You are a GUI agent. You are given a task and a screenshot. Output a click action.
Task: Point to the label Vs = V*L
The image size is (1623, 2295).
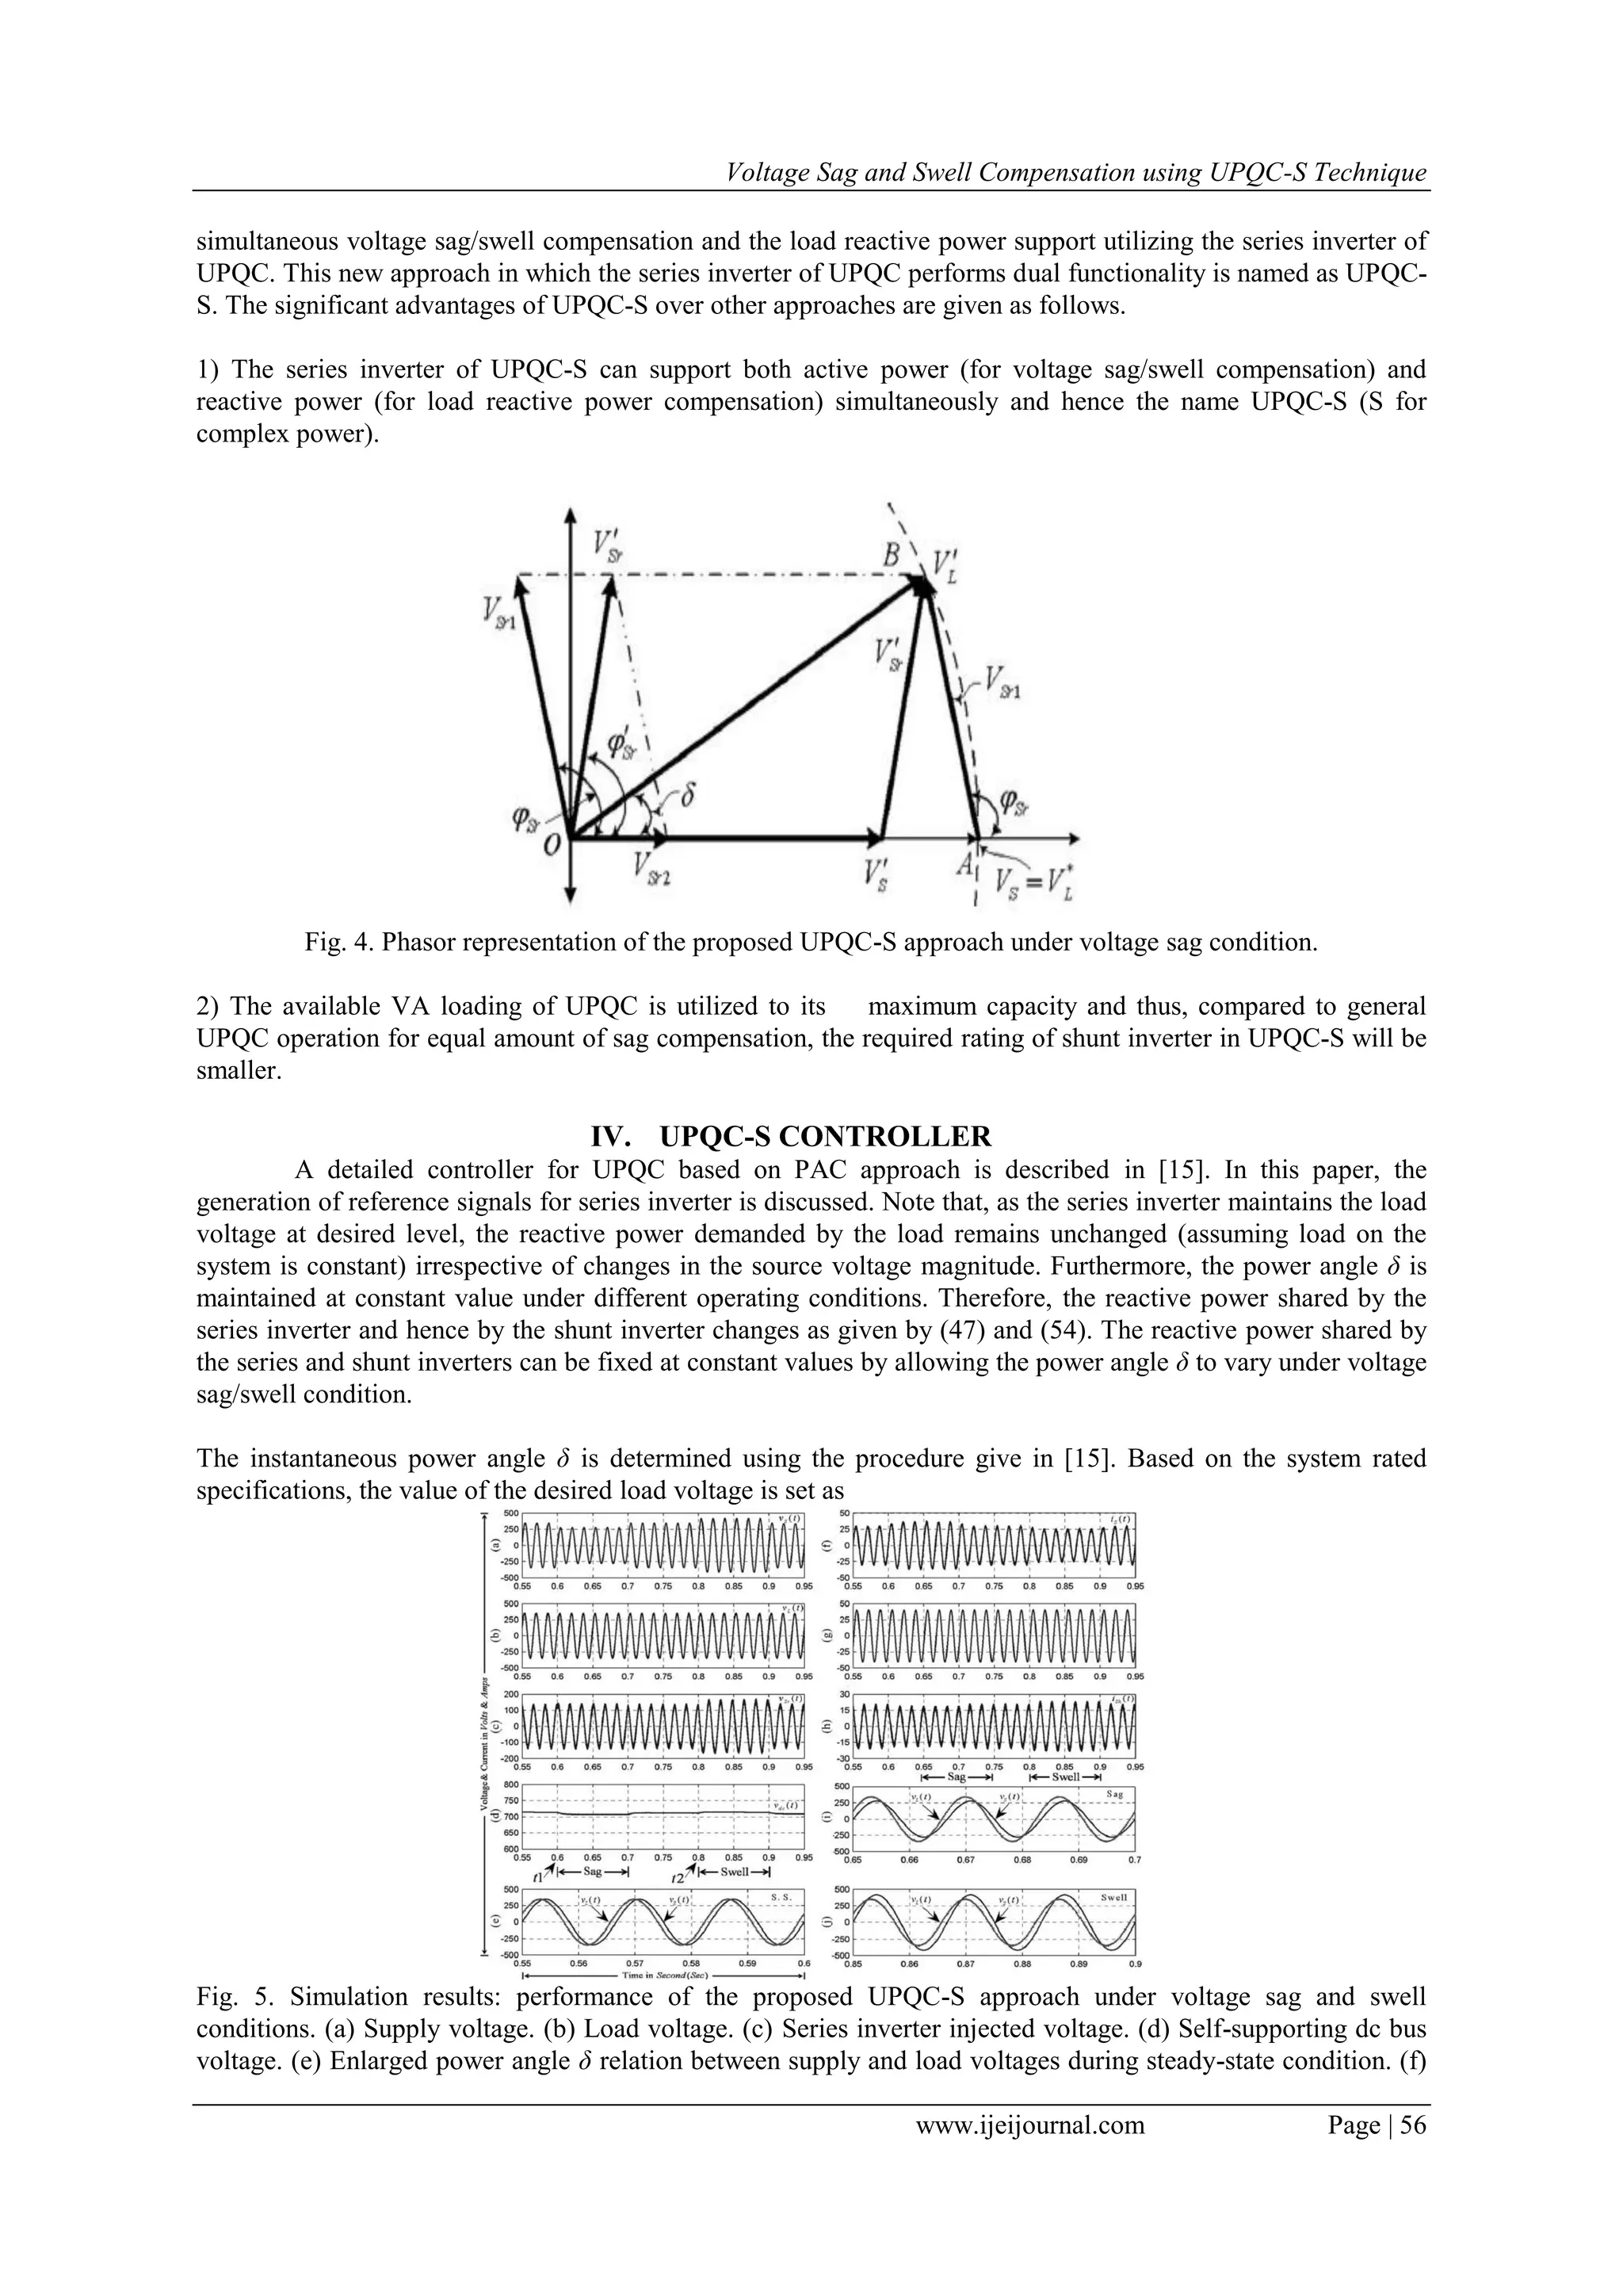pos(1034,885)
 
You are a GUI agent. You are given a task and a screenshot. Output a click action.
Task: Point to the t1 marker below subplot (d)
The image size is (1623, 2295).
pos(539,1877)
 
